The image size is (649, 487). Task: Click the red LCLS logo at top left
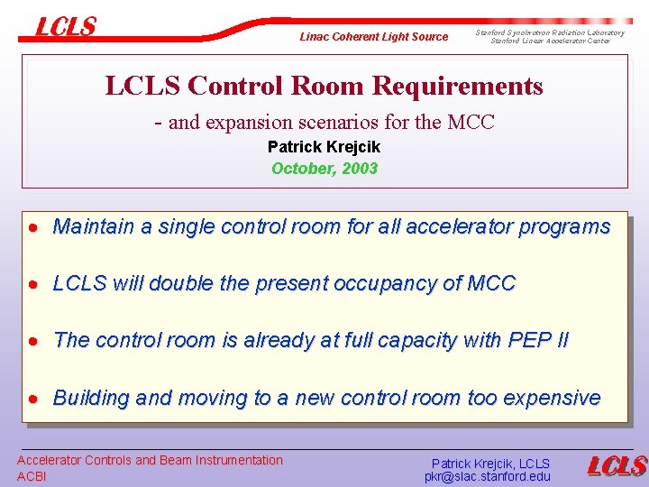click(65, 27)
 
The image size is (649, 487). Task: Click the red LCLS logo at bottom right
click(617, 465)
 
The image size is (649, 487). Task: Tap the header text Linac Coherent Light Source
click(373, 37)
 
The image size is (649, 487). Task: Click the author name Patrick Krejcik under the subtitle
click(324, 147)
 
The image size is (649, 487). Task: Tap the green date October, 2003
click(324, 168)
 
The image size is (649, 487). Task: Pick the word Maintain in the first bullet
click(88, 226)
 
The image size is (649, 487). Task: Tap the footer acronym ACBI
click(32, 476)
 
